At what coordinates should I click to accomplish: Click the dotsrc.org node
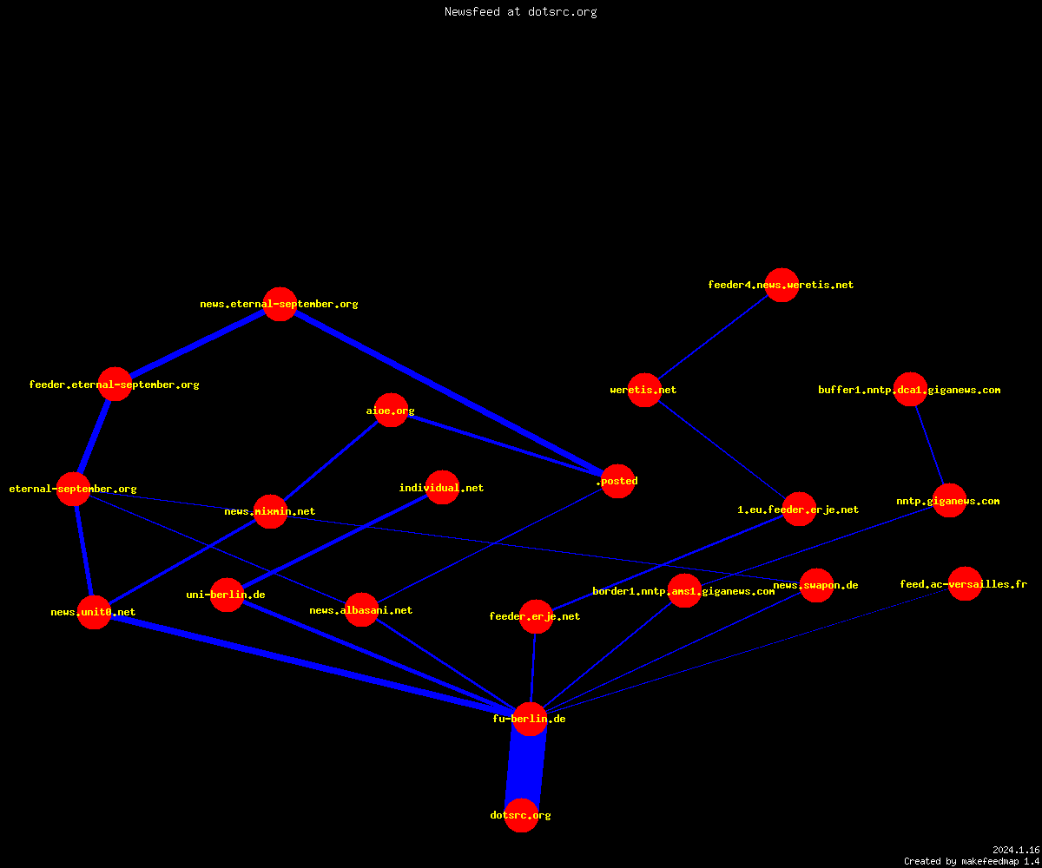point(522,816)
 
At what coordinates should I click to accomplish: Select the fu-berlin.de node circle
point(530,719)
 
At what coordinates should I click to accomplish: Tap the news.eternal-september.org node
point(280,304)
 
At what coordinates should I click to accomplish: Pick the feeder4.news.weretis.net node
point(782,285)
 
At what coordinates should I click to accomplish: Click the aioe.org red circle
point(391,410)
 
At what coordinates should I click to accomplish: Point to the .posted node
point(617,482)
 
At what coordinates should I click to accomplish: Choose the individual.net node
point(442,487)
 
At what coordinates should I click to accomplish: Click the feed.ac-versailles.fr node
point(965,583)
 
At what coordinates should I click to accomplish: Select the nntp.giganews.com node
point(949,500)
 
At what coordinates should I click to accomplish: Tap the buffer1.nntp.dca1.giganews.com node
point(910,389)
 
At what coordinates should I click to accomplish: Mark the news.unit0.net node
point(94,612)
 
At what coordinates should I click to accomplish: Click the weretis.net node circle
point(644,390)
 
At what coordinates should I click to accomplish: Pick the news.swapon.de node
point(816,585)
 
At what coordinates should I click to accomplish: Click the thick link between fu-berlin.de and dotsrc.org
point(526,767)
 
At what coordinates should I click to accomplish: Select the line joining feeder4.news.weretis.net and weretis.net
point(713,338)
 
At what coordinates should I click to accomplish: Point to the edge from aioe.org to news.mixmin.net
point(330,460)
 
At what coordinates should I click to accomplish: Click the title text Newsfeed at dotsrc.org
point(520,11)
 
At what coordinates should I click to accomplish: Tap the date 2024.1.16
point(1016,850)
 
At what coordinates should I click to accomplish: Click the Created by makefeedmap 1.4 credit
point(972,861)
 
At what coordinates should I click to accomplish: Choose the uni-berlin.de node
point(227,595)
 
